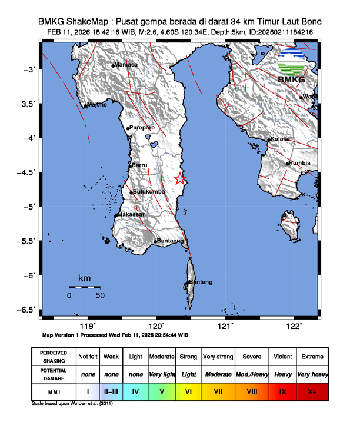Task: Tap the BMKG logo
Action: click(291, 67)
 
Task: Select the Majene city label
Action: click(97, 105)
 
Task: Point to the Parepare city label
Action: click(142, 127)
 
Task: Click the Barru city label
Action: click(139, 165)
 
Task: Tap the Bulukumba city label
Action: click(149, 192)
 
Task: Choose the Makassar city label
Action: click(131, 215)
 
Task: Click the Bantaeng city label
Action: click(171, 241)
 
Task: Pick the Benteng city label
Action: click(200, 283)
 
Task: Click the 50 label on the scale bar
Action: click(100, 295)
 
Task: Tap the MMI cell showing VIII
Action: click(252, 390)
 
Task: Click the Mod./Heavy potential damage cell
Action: click(252, 374)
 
